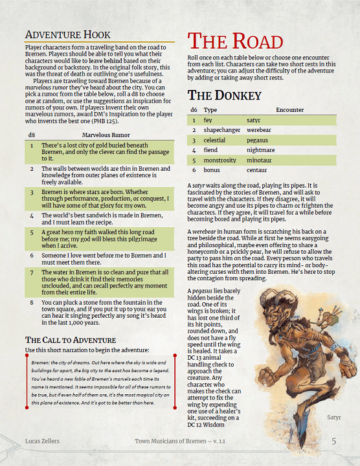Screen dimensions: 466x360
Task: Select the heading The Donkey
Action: point(225,95)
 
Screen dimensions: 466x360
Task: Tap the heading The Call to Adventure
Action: point(70,340)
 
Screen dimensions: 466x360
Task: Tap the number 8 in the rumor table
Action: point(31,302)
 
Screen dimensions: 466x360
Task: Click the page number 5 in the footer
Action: point(334,441)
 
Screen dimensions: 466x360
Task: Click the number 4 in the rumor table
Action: point(31,214)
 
